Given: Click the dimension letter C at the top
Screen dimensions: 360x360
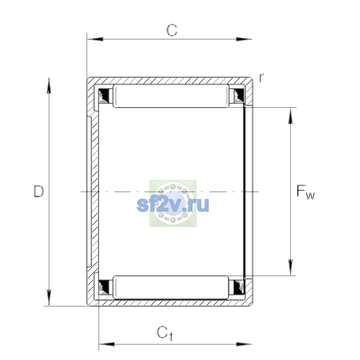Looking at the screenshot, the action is pos(172,30).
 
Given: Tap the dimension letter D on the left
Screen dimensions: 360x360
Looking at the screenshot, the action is pos(39,191).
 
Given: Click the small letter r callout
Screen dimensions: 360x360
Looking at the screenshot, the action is pos(261,78).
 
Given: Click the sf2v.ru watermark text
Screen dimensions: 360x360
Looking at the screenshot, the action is pos(173,205).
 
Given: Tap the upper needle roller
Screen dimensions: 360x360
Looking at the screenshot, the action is pos(171,96).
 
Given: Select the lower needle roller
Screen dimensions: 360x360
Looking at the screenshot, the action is pos(171,287).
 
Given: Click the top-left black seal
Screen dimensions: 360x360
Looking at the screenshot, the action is pos(103,96).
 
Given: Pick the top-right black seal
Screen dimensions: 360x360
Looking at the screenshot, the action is pos(239,96).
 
